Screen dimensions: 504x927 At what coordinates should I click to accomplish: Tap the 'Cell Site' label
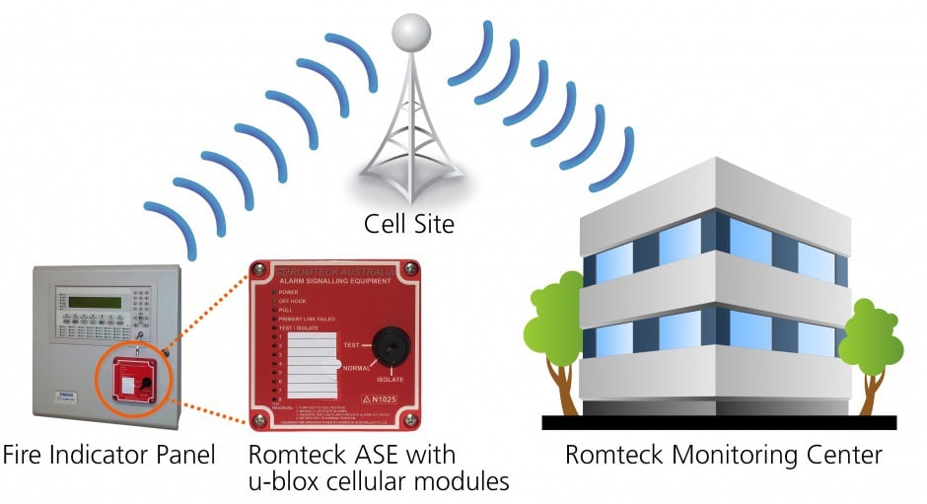point(409,224)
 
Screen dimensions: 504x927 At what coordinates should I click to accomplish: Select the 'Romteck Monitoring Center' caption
point(723,456)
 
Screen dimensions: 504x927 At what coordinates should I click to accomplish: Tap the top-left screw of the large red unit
point(257,269)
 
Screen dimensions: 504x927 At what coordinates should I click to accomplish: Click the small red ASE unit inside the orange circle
point(130,378)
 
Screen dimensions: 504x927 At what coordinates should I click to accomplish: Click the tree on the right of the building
point(871,340)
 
